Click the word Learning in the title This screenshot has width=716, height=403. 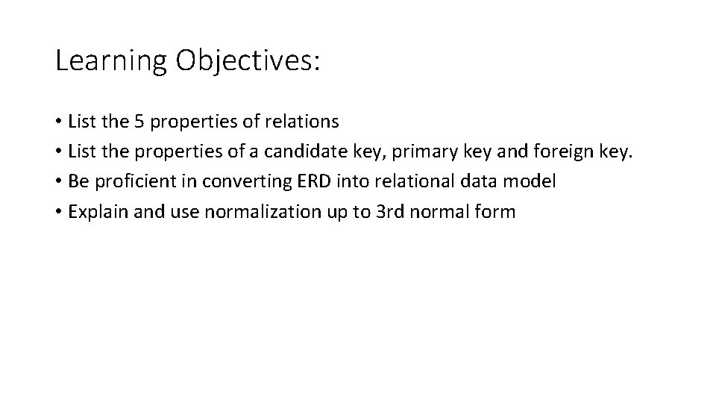111,61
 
